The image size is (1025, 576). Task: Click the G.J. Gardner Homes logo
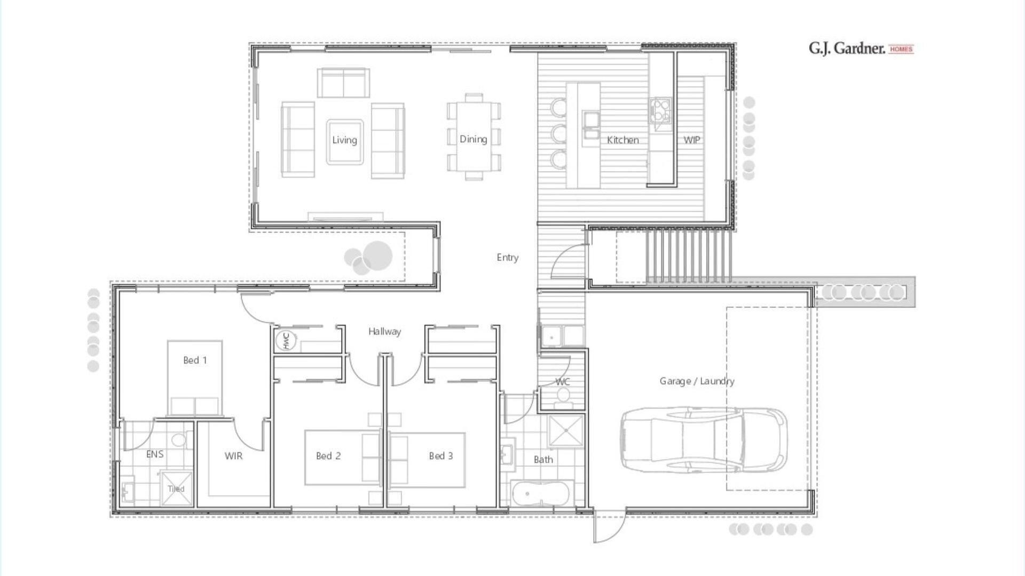click(x=861, y=49)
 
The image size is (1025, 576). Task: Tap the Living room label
click(x=344, y=140)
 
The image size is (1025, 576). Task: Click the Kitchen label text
click(x=622, y=140)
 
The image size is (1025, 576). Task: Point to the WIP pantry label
click(x=691, y=140)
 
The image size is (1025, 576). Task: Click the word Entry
click(x=507, y=258)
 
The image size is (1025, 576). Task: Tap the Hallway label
click(x=384, y=332)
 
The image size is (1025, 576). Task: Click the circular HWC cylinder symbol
click(x=286, y=341)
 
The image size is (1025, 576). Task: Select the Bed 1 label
click(x=195, y=361)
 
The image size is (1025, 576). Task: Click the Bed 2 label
click(x=328, y=456)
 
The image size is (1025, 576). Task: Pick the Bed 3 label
click(x=440, y=456)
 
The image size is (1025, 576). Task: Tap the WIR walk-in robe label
click(x=233, y=456)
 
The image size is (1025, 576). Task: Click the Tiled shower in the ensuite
click(x=176, y=488)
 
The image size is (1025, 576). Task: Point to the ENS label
click(x=155, y=454)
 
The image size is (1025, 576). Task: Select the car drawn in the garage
click(x=703, y=441)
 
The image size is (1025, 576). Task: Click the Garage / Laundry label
click(x=697, y=381)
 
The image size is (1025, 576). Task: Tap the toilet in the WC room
click(x=563, y=396)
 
